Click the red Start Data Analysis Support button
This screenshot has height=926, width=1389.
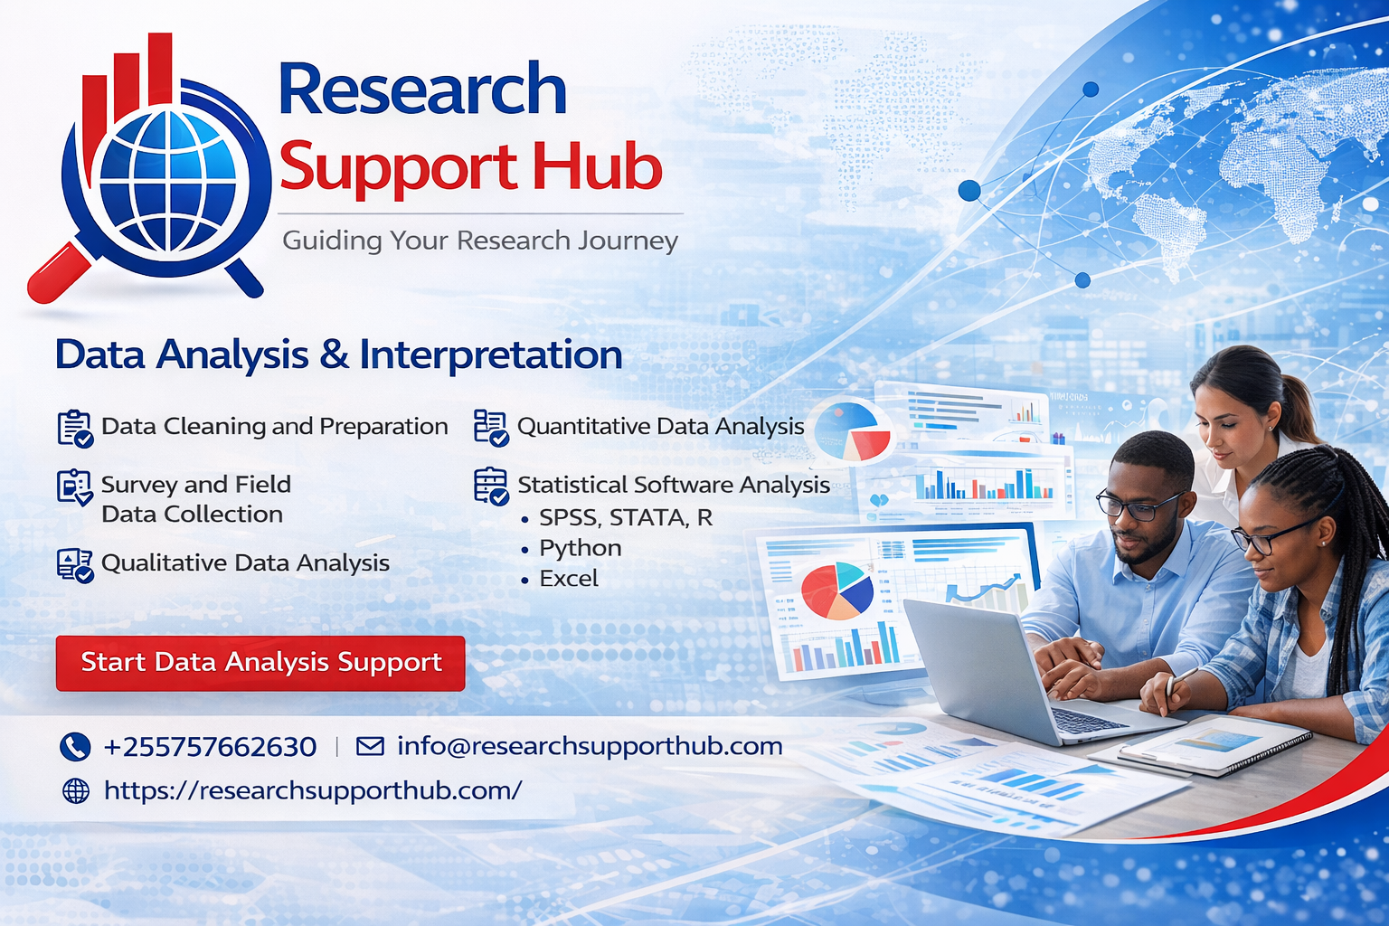click(x=260, y=663)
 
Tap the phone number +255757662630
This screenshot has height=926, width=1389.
click(x=210, y=747)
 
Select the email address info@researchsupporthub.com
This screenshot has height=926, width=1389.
click(x=590, y=746)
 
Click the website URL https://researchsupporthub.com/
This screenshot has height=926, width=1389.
click(x=313, y=790)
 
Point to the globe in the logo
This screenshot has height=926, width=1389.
click(x=168, y=180)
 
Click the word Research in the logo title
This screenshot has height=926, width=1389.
click(x=422, y=90)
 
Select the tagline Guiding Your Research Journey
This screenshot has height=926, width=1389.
click(x=480, y=241)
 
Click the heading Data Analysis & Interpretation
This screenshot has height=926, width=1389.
click(x=338, y=354)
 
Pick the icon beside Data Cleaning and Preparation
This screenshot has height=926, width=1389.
click(x=75, y=428)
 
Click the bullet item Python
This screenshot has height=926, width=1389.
click(x=580, y=548)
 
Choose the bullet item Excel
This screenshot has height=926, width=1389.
click(x=569, y=579)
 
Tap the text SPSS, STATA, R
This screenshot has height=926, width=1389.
click(x=626, y=517)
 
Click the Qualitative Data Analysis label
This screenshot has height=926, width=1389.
click(x=245, y=562)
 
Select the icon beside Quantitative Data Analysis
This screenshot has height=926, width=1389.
click(x=491, y=427)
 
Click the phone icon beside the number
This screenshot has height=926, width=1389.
click(x=75, y=747)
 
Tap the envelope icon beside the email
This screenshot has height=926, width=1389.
click(x=370, y=746)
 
